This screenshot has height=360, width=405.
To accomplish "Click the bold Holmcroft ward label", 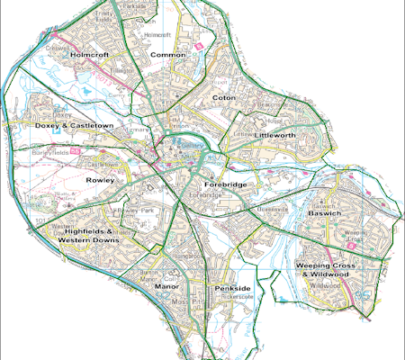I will click(x=90, y=55).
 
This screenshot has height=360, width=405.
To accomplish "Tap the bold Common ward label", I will click(x=169, y=55).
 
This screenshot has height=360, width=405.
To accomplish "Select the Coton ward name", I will click(x=221, y=97).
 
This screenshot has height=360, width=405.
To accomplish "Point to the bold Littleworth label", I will click(x=274, y=135).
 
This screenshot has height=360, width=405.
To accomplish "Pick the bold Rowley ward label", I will click(x=98, y=180).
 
